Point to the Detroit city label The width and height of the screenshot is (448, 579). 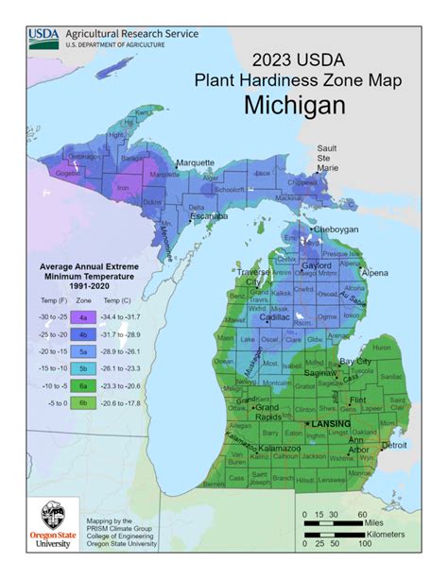pos(393,444)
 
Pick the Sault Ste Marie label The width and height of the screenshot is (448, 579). pos(327,158)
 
